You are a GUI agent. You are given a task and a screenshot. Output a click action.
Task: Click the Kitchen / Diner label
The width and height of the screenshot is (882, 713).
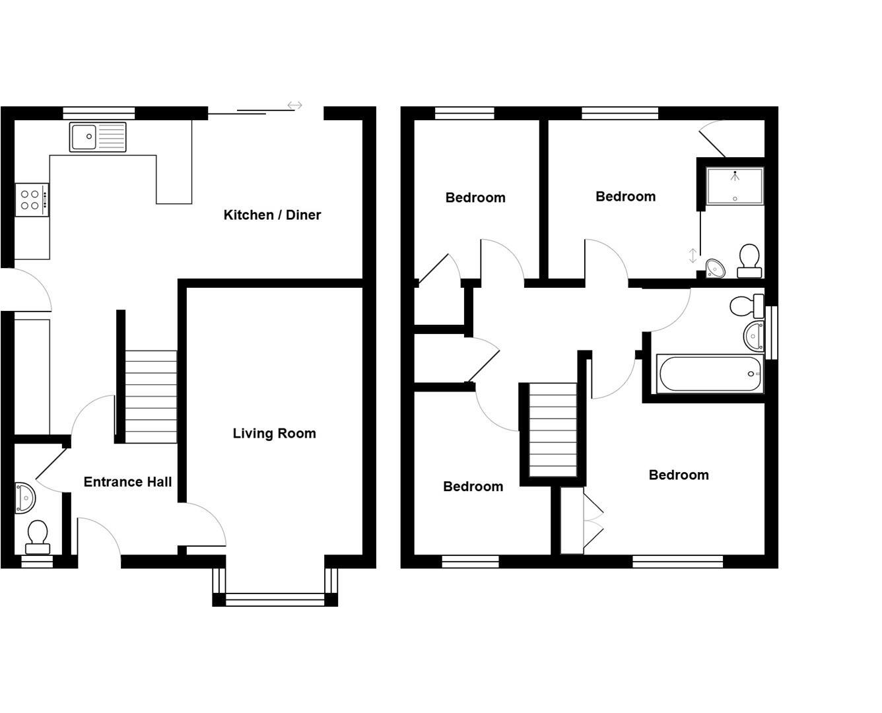tap(272, 215)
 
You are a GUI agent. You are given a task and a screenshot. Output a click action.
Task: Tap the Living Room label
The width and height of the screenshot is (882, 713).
tap(274, 433)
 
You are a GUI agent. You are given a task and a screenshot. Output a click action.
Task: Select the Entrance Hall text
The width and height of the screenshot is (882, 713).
tap(127, 482)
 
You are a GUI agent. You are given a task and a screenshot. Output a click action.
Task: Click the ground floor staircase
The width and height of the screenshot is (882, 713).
tap(151, 396)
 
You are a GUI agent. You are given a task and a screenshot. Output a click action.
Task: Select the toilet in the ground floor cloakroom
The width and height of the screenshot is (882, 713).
tap(38, 537)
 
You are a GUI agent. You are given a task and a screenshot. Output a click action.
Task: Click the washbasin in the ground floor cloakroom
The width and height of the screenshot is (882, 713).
tap(25, 497)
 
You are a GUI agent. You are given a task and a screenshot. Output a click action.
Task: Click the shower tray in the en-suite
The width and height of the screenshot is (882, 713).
tap(735, 186)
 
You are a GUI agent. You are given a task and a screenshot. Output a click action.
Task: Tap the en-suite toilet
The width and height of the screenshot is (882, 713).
tap(749, 261)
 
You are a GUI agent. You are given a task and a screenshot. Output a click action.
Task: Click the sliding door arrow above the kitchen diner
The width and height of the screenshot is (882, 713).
tap(294, 105)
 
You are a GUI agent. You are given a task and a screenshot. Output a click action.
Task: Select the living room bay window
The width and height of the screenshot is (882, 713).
tap(275, 599)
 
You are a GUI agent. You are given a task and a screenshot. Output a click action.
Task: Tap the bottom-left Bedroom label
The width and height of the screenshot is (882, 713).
tap(473, 487)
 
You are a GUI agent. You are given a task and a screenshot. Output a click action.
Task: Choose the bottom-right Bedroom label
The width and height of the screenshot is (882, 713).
tap(679, 475)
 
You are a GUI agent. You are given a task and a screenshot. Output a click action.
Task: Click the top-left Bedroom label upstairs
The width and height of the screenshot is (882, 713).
tap(475, 197)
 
